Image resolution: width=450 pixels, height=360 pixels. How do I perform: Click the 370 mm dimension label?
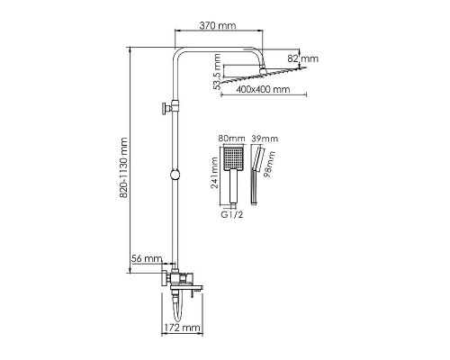click(x=218, y=25)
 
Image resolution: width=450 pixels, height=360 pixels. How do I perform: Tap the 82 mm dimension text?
click(x=303, y=58)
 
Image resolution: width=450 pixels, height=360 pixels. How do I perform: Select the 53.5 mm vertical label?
click(x=217, y=71)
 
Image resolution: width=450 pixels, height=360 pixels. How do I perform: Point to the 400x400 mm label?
click(x=263, y=89)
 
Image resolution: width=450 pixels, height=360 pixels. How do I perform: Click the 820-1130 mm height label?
click(x=123, y=167)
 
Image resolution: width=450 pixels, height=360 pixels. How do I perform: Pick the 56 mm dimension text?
click(x=147, y=258)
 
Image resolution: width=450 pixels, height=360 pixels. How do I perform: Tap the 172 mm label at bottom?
click(x=183, y=328)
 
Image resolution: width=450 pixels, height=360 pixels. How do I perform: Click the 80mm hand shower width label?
click(x=231, y=139)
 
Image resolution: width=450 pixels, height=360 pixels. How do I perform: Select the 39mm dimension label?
click(x=265, y=139)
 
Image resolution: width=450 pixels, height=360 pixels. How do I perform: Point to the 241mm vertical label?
click(x=214, y=173)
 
